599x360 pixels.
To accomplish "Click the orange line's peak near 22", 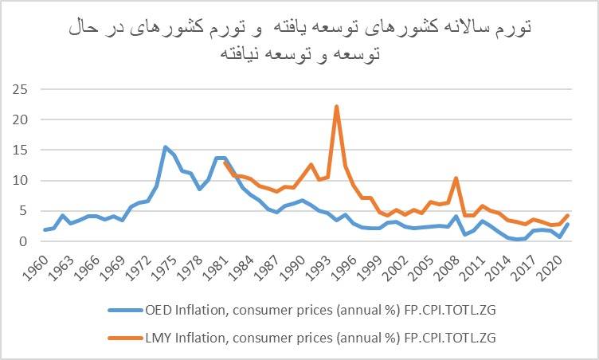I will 337,106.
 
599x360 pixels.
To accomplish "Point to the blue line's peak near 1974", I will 165,147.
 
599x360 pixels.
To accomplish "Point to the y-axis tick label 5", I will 25,211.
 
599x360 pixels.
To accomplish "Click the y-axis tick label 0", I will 25,241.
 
